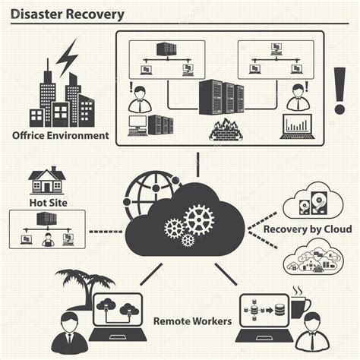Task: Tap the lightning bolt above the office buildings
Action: pos(67,56)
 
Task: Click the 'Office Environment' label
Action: pos(59,137)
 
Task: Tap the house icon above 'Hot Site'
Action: pos(46,182)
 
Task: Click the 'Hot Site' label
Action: pos(47,204)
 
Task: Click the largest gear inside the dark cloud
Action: pos(199,219)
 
